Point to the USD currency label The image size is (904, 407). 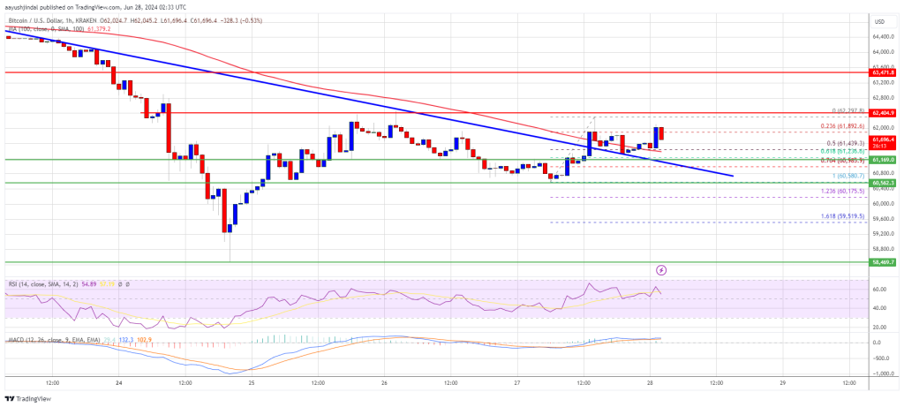click(879, 21)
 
